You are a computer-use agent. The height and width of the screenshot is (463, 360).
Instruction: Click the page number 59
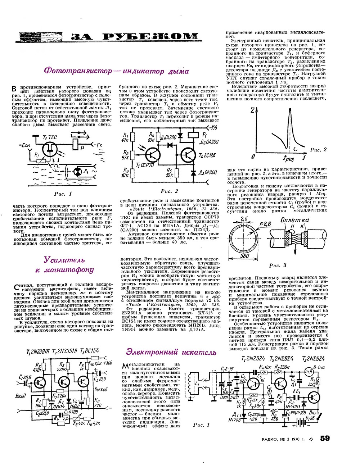[325, 438]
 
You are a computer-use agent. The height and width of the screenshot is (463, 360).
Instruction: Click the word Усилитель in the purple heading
[64, 260]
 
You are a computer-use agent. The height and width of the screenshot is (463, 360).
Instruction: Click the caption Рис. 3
[278, 265]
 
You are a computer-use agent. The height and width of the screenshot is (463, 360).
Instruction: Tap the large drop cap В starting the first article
[14, 89]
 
